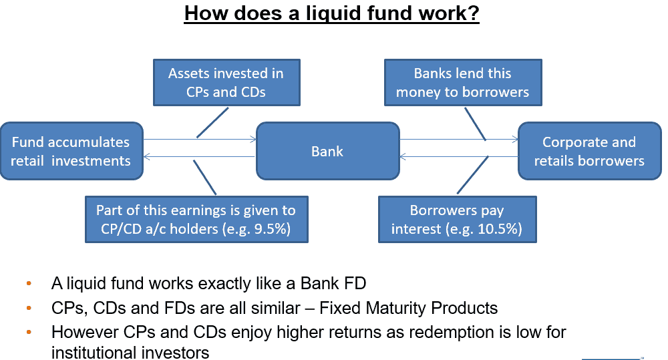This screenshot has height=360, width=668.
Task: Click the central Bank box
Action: [x=327, y=151]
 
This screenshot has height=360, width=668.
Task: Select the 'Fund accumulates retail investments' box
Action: [x=71, y=151]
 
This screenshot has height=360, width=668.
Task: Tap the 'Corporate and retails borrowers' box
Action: [x=590, y=151]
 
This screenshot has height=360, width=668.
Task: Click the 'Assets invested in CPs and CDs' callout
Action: [x=226, y=83]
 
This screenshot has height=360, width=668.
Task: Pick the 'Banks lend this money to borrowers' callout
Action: [x=463, y=83]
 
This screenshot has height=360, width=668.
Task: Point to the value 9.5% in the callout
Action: [x=273, y=229]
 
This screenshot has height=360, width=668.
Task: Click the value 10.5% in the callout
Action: [x=500, y=229]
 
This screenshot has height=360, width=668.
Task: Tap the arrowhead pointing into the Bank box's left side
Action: [x=253, y=140]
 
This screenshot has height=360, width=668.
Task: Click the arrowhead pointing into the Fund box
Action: [x=147, y=157]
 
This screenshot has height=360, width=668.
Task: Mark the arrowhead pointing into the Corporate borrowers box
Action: [x=515, y=140]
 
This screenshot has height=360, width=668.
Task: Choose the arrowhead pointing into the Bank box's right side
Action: [x=403, y=157]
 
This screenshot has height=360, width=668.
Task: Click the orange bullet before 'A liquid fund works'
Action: [x=29, y=283]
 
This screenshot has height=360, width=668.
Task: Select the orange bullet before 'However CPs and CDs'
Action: [x=29, y=332]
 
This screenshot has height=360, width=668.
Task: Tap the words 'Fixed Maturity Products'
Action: [x=409, y=308]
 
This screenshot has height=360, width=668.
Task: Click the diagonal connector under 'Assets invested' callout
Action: [x=212, y=123]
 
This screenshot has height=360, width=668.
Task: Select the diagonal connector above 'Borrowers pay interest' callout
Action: [x=472, y=175]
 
